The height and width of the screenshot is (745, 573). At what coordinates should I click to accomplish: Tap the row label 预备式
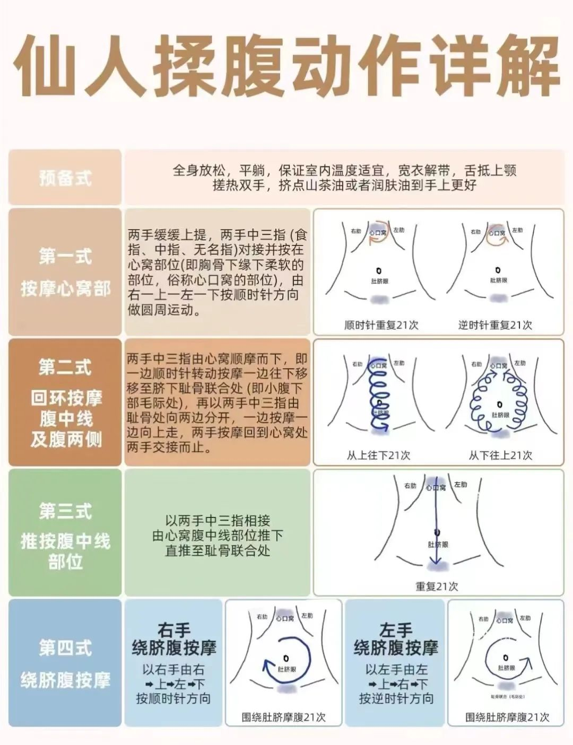click(65, 178)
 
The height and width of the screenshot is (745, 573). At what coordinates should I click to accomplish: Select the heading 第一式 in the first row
click(65, 256)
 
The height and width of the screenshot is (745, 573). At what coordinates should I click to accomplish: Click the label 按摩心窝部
click(65, 289)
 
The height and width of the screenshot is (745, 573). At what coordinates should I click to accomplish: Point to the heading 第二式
click(65, 367)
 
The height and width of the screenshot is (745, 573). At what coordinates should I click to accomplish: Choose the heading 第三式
click(65, 511)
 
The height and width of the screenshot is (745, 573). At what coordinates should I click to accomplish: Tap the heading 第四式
click(65, 647)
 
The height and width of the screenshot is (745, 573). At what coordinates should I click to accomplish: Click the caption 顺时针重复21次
click(381, 325)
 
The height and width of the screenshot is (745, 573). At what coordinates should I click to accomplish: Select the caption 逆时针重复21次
click(495, 325)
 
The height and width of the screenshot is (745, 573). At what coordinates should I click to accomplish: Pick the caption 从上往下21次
click(378, 455)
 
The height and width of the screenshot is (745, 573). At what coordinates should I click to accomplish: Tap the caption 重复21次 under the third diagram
click(437, 586)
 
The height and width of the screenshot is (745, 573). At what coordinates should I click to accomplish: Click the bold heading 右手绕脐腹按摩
click(173, 638)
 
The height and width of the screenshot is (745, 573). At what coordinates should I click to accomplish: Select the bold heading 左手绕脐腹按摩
click(396, 638)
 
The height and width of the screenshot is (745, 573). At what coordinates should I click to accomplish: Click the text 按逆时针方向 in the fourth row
click(396, 698)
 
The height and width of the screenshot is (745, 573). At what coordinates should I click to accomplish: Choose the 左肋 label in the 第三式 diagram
click(460, 485)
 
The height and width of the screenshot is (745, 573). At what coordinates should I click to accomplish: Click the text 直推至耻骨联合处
click(218, 550)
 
